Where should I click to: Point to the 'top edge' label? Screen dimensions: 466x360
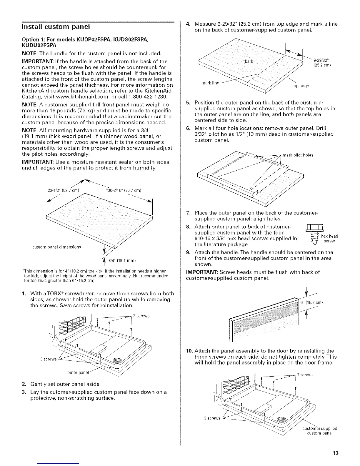[300, 86]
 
